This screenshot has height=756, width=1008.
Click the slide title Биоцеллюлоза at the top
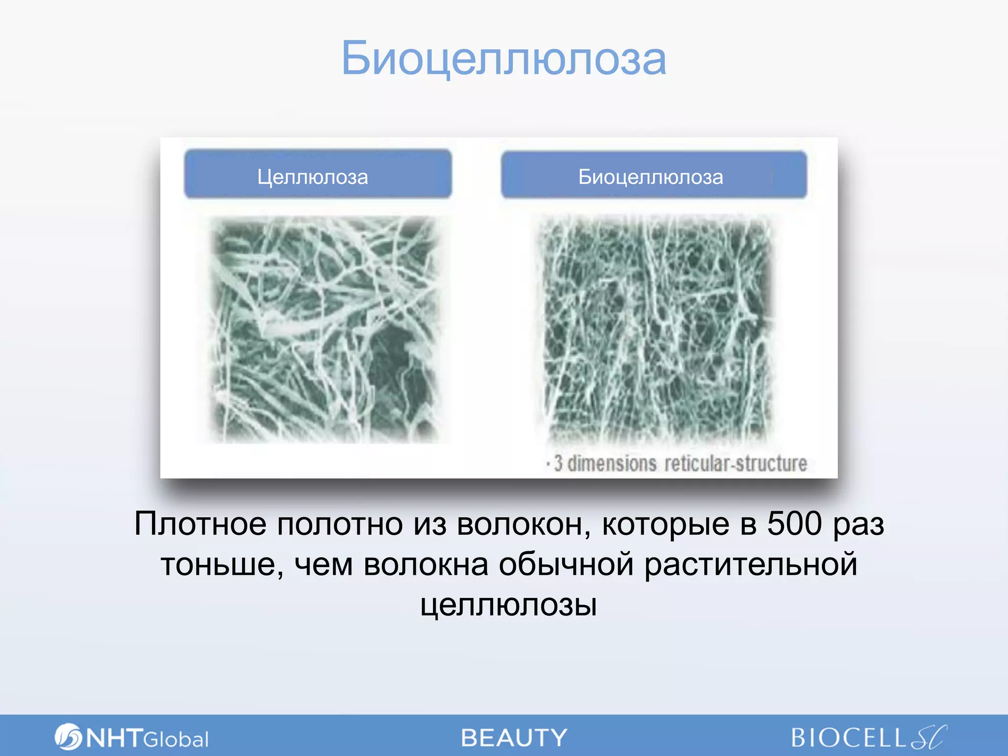click(504, 59)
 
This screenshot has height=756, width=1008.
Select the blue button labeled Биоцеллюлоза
click(653, 176)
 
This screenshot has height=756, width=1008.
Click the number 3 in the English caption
click(558, 464)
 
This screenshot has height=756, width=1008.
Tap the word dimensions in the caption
click(612, 464)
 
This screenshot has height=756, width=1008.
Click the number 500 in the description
click(794, 524)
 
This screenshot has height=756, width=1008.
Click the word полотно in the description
click(340, 524)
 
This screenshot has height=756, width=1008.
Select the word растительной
click(750, 565)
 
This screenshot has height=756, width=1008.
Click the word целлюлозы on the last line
click(508, 605)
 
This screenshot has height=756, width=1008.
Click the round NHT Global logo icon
click(67, 736)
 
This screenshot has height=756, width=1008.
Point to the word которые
click(665, 524)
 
